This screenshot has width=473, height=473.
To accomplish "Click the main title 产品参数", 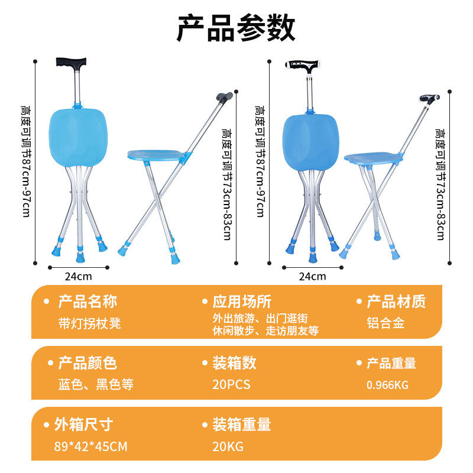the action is coord(237,27).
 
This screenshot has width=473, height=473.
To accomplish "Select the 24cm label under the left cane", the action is coord(78,276).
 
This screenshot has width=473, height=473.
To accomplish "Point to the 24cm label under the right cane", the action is coord(312,276).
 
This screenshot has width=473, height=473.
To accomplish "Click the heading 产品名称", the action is coord(88,302).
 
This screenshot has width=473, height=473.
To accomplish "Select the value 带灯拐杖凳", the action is coord(89,323).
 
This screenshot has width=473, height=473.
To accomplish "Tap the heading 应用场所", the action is coord(242,302).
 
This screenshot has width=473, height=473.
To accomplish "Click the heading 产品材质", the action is coord(396,302).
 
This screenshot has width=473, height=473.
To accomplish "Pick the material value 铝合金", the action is coord(386,323).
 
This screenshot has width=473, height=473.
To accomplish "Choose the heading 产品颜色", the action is coord(88,363).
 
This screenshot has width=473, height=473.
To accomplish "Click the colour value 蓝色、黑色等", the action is coord(96,385).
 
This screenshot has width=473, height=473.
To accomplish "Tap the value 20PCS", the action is coord(232,385).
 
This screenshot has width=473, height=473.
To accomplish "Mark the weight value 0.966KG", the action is coord(388,385).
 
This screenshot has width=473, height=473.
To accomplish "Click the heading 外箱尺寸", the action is coord(83,424).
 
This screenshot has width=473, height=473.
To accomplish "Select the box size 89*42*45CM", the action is coord(90,446).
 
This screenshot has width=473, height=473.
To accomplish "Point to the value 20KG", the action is coord(228,446).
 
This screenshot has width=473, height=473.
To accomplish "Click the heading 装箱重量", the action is coord(242,424).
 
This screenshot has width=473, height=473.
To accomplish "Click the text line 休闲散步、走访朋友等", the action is coord(265,331).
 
